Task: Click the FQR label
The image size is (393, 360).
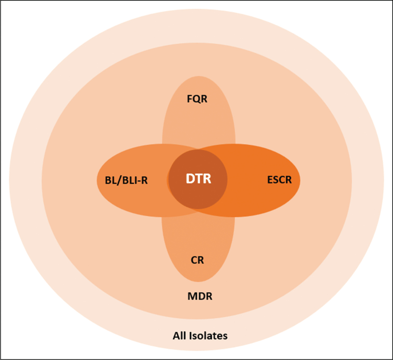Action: pyautogui.click(x=197, y=99)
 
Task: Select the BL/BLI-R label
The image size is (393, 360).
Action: pyautogui.click(x=126, y=180)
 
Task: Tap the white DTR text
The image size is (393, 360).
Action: pyautogui.click(x=198, y=179)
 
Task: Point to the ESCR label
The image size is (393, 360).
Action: pyautogui.click(x=280, y=180)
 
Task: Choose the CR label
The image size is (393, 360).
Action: pyautogui.click(x=197, y=260)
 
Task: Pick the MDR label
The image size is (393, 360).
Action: pyautogui.click(x=200, y=296)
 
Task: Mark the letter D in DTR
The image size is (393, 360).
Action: pyautogui.click(x=190, y=179)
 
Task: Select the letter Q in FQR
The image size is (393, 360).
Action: pyautogui.click(x=197, y=99)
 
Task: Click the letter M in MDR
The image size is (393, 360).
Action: pyautogui.click(x=192, y=296)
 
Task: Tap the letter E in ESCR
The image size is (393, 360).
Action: pyautogui.click(x=270, y=180)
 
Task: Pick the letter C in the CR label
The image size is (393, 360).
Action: pyautogui.click(x=194, y=260)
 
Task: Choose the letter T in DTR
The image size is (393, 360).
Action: pyautogui.click(x=198, y=179)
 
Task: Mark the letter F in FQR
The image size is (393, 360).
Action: pyautogui.click(x=190, y=99)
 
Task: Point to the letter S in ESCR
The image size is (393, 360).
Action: pyautogui.click(x=276, y=180)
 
